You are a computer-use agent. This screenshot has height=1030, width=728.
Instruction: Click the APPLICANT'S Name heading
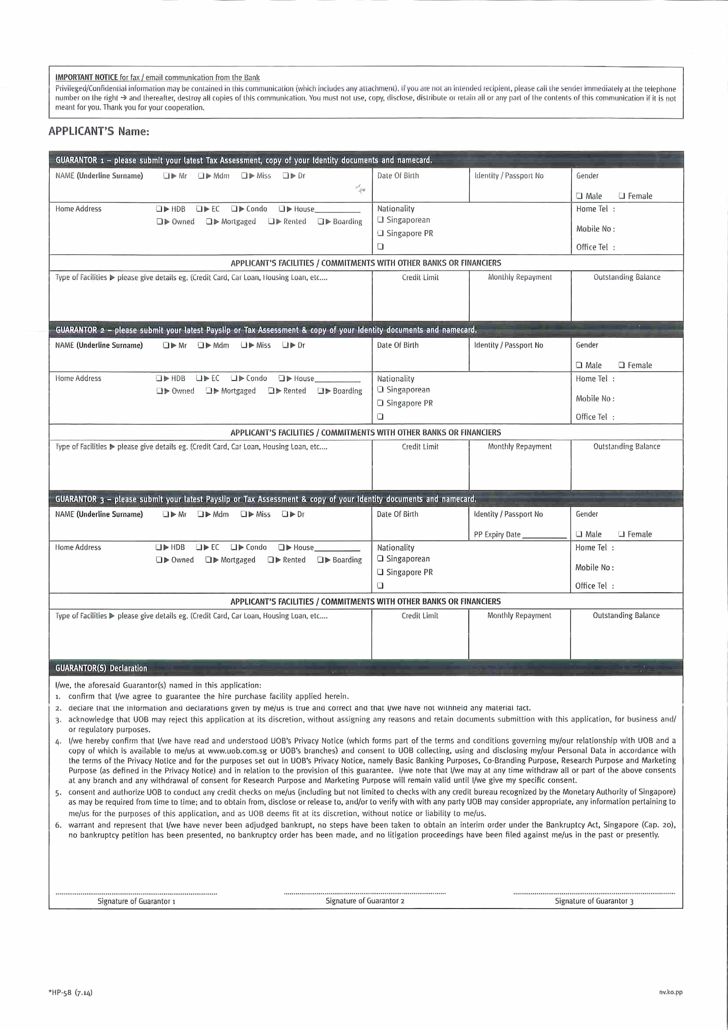[x=98, y=131]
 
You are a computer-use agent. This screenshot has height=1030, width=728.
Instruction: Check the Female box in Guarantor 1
[x=622, y=196]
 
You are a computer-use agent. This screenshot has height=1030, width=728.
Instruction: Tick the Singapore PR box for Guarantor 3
[x=380, y=572]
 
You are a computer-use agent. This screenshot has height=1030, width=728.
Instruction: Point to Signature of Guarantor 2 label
[x=365, y=901]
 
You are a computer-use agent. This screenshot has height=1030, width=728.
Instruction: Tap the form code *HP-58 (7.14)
[x=71, y=992]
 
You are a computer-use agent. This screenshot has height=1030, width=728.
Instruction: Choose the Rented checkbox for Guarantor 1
[x=271, y=222]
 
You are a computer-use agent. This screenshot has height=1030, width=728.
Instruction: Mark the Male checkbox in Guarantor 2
[x=579, y=365]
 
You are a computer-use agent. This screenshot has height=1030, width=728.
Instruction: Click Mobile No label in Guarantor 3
[x=594, y=568]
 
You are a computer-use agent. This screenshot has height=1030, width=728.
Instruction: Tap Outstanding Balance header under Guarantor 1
[x=627, y=277]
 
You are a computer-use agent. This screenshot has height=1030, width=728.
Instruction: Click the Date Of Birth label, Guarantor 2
[x=398, y=345]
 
